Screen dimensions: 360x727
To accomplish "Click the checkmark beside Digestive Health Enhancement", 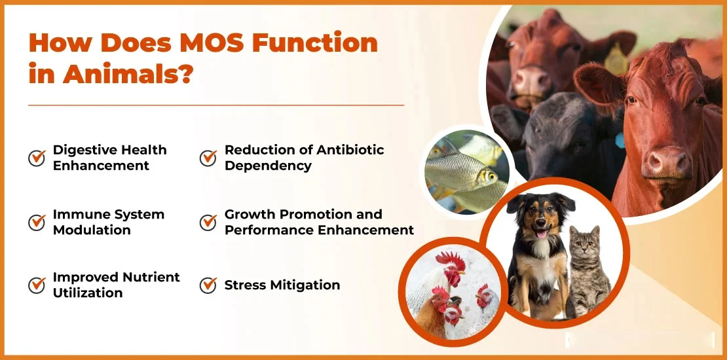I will tap(37, 158).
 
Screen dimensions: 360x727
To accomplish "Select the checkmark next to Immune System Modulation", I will tap(37, 222).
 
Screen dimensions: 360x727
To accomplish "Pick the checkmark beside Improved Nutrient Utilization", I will tap(37, 285).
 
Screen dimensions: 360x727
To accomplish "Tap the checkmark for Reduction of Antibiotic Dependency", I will tap(208, 158).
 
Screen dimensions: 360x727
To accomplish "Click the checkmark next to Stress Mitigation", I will tap(208, 285).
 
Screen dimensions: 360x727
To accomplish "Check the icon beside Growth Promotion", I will tap(208, 222).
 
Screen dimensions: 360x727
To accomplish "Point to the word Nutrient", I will tap(150, 277).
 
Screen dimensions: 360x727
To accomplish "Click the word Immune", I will tap(80, 214).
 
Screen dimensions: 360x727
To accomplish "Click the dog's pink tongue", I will tap(542, 234).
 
